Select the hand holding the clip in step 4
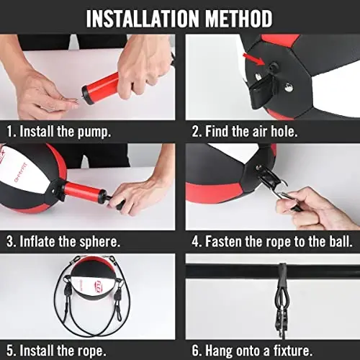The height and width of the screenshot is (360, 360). tap(317, 209)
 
